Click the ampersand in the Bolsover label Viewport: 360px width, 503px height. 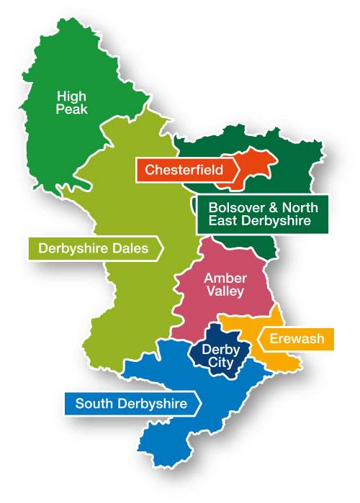tap(270, 207)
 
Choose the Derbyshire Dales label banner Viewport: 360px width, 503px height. tap(94, 249)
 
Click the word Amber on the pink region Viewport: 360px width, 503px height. tap(225, 278)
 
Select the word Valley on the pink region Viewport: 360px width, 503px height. tap(225, 291)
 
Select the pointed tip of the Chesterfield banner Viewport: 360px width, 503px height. tap(242, 170)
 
